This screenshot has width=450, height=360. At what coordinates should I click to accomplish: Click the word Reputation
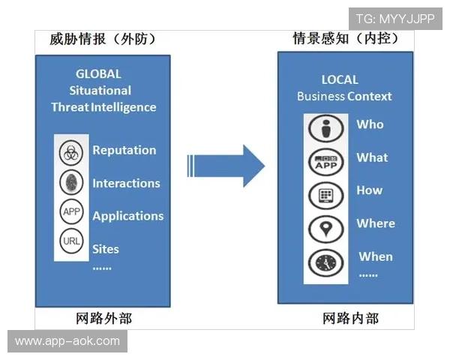[124, 150]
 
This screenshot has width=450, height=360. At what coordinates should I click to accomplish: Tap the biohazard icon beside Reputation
[70, 152]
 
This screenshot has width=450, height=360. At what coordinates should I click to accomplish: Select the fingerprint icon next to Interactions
[70, 182]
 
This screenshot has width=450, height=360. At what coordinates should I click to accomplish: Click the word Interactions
[126, 183]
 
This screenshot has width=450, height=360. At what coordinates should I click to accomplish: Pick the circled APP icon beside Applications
[70, 212]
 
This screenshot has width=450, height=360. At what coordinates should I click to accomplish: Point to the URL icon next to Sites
[70, 241]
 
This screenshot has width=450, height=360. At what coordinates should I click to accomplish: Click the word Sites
[106, 248]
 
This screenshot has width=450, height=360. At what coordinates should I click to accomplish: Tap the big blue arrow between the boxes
[226, 165]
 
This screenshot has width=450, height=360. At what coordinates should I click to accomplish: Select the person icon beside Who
[326, 128]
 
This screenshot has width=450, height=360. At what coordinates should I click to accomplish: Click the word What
[372, 157]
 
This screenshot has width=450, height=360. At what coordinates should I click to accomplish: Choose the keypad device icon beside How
[326, 195]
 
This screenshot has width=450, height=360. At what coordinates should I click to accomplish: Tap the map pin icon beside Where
[326, 228]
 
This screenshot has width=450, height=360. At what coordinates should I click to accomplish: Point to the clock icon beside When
[326, 262]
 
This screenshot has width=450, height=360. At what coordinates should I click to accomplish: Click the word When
[375, 256]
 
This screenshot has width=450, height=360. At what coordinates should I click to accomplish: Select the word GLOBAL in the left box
[98, 74]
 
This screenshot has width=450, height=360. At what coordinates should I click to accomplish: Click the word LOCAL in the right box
[340, 79]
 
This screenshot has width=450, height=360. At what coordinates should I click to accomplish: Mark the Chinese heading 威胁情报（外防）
[103, 39]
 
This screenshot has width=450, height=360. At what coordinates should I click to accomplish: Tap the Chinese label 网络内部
[350, 318]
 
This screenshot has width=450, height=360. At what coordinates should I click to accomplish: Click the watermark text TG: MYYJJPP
[395, 19]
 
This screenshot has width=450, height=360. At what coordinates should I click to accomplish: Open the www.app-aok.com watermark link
[67, 341]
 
